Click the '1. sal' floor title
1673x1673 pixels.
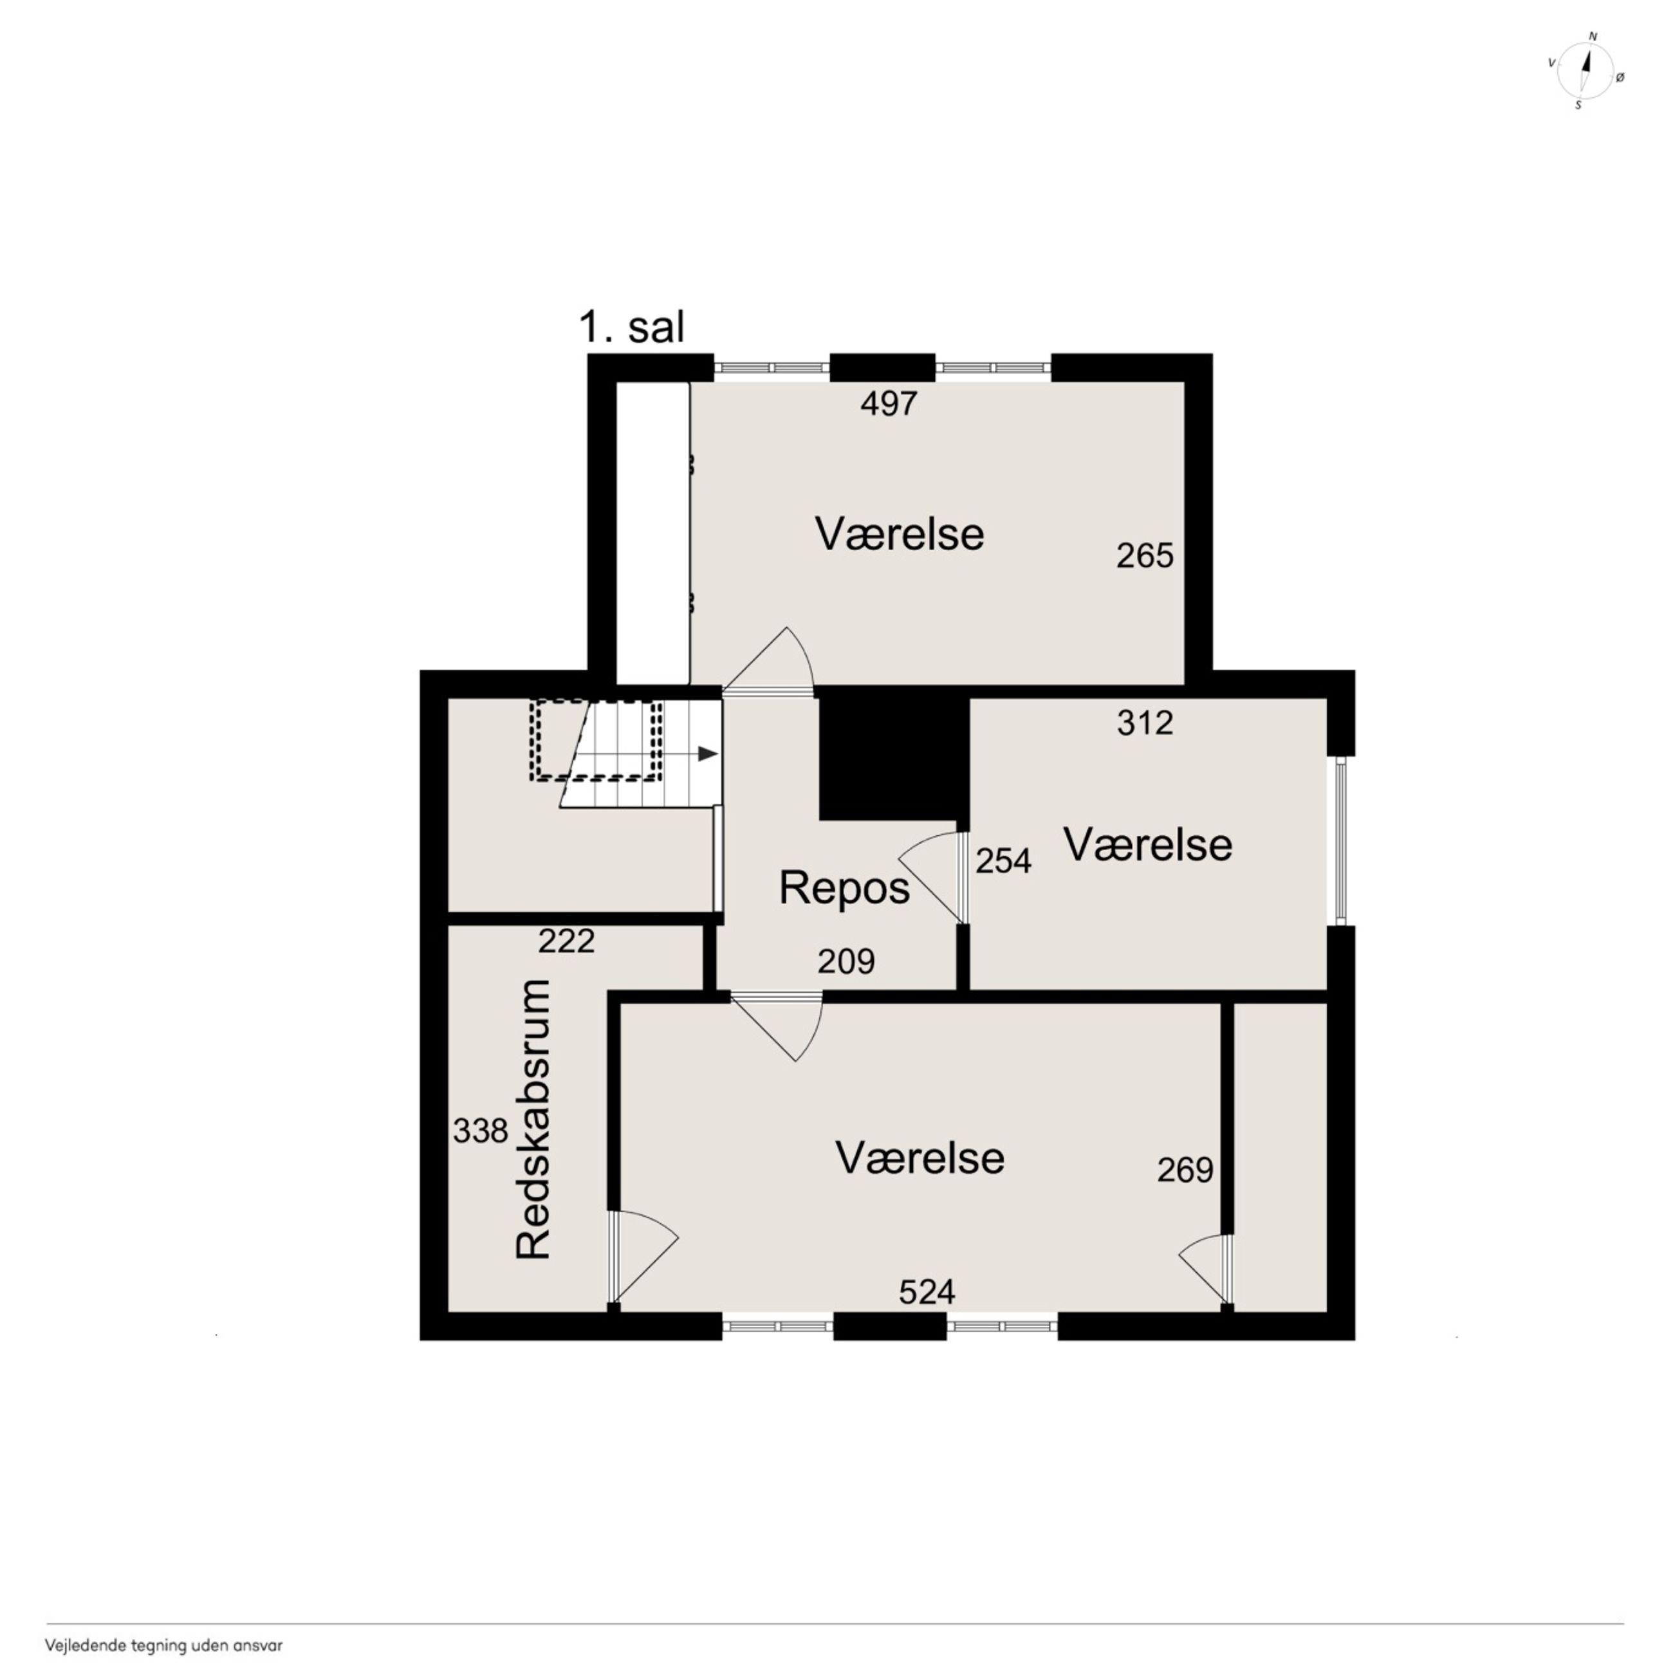631,328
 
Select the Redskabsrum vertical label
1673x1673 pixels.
533,1119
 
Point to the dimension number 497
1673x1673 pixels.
889,403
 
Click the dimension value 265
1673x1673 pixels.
1144,555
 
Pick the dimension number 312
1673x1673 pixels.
1145,722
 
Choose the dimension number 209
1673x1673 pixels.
846,961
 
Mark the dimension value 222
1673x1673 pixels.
566,940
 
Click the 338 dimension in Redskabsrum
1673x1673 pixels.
481,1130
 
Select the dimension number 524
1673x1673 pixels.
927,1292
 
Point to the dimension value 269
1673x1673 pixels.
1185,1170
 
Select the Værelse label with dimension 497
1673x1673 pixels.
899,534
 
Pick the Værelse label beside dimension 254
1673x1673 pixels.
1147,844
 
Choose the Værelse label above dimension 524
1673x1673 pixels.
920,1158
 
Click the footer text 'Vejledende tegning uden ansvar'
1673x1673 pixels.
163,1645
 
